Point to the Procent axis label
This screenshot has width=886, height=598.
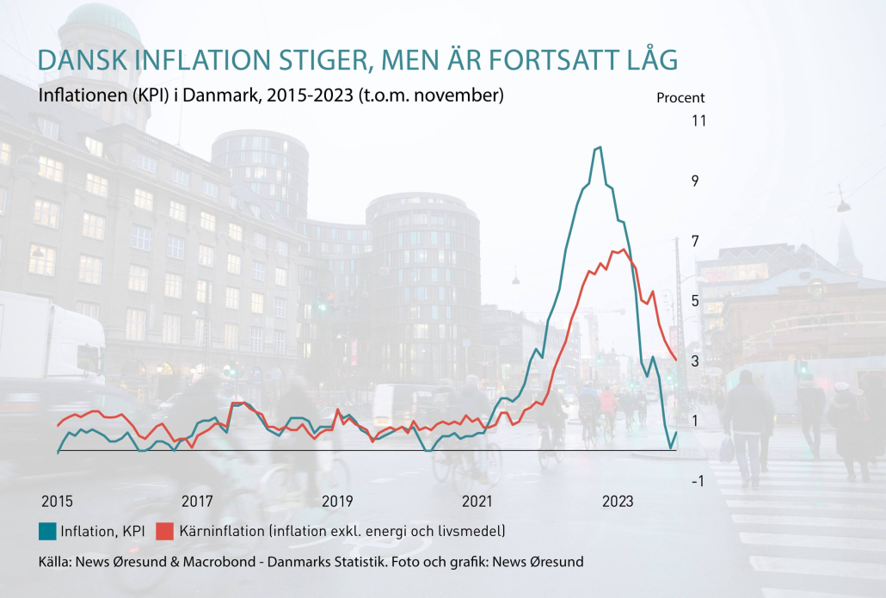[680, 98]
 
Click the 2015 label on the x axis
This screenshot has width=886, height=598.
[58, 502]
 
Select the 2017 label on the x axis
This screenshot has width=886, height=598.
[197, 502]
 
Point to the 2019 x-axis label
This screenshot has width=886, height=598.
[337, 502]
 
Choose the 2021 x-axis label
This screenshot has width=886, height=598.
[477, 502]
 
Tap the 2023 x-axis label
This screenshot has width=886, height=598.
[618, 502]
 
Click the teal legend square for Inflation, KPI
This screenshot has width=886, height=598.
[47, 531]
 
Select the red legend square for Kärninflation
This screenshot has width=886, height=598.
[164, 531]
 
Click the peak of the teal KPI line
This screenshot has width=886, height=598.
[599, 147]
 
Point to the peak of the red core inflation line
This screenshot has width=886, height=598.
[623, 250]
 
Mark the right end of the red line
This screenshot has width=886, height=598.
[677, 360]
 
